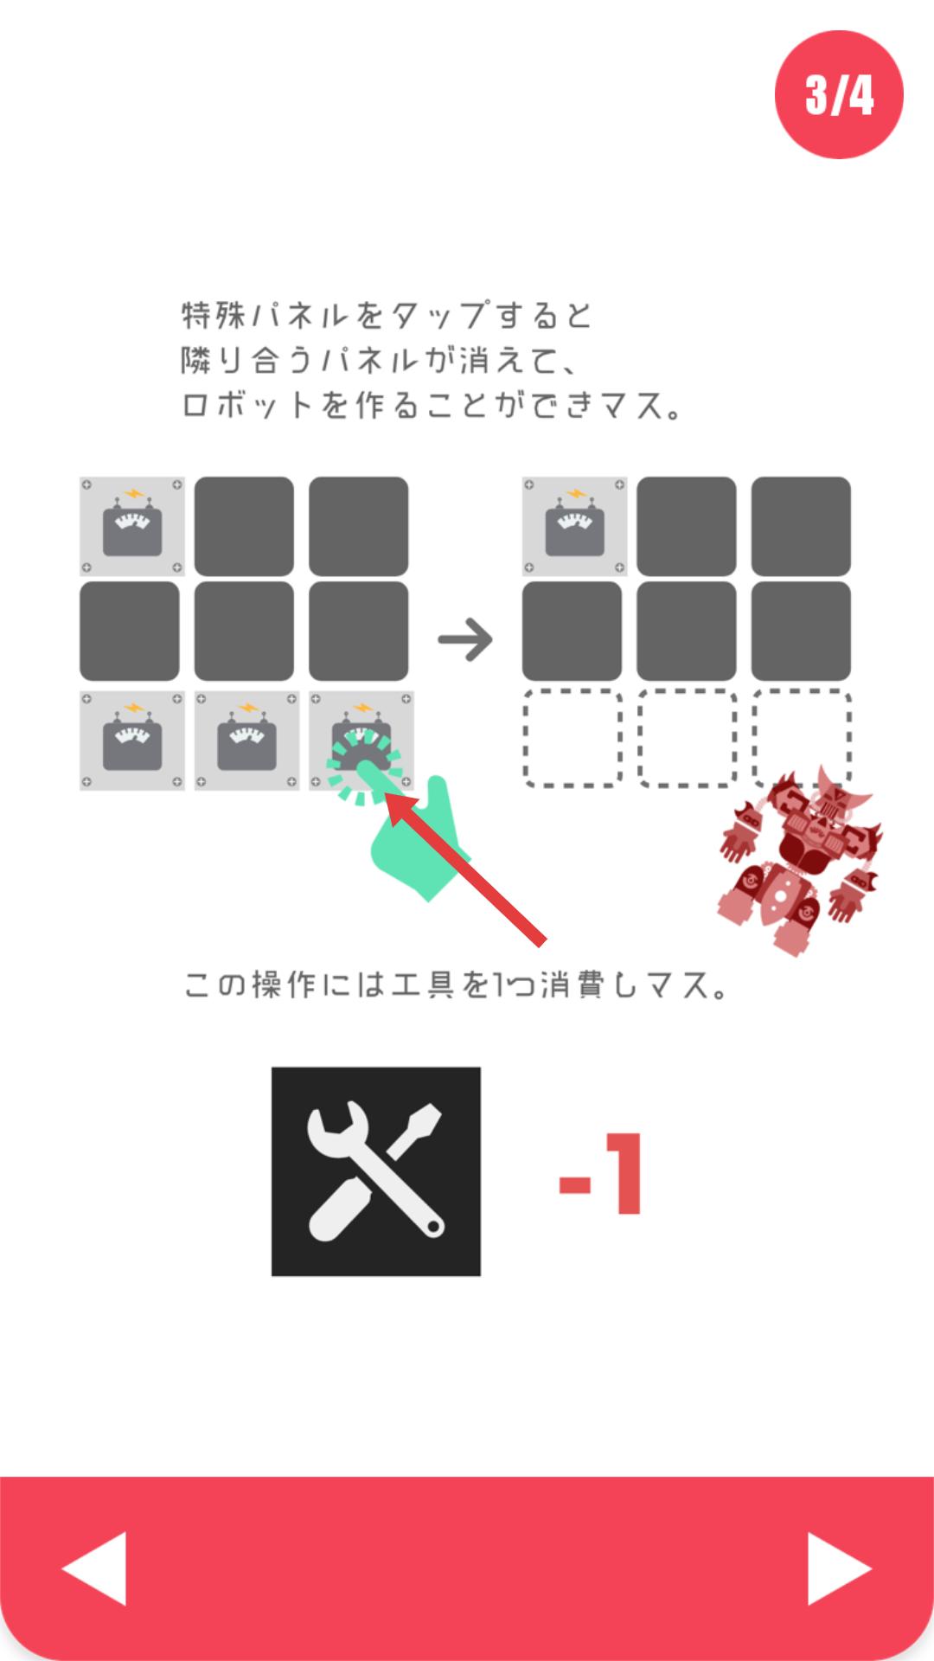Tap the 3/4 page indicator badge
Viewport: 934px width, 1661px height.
tap(839, 94)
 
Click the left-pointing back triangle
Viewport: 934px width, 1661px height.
tap(94, 1568)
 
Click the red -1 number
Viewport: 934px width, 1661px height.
tap(600, 1173)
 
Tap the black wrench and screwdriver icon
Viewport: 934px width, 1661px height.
tap(376, 1171)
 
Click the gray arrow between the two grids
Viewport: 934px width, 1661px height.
tap(465, 639)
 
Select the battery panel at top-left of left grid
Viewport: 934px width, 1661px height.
tap(131, 526)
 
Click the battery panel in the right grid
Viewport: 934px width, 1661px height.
tap(574, 526)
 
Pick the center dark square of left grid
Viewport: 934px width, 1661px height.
tap(244, 631)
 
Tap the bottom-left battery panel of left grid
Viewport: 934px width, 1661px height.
tap(131, 741)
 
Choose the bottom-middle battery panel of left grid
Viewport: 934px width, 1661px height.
tap(246, 741)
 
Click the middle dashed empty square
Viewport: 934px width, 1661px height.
tap(687, 738)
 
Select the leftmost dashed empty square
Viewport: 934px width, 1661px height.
tap(573, 738)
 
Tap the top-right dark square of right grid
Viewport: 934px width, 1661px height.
tap(801, 526)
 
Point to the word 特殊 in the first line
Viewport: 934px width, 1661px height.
tap(214, 315)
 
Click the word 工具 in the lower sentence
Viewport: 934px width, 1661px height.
tap(424, 984)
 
